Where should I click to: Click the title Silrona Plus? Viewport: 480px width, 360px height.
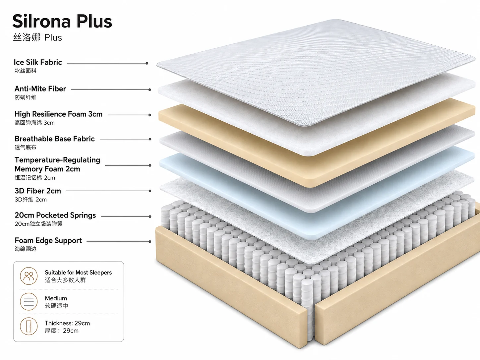coord(62,21)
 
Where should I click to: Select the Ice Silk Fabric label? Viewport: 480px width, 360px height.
coord(38,62)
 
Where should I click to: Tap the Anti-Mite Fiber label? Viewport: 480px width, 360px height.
coord(40,89)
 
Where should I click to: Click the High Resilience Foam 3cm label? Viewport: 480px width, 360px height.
coord(58,114)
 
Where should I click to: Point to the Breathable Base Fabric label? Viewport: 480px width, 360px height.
coord(55,139)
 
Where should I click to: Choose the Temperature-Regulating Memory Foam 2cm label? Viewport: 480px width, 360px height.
coord(57,164)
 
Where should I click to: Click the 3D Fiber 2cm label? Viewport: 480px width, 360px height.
coord(38,191)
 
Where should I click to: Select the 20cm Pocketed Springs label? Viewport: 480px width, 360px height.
coord(55,215)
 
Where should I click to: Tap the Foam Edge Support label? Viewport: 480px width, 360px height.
coord(48,240)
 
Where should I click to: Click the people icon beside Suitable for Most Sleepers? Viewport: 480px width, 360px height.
coord(29,276)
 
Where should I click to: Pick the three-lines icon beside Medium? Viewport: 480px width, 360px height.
coord(29,302)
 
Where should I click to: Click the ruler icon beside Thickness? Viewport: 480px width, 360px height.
coord(29,326)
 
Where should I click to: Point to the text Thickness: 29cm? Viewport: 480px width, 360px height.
coord(67,323)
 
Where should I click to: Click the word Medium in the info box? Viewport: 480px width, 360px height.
coord(56,298)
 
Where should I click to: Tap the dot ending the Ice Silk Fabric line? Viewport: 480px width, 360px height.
coord(147,63)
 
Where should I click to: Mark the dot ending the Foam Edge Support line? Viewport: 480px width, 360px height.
coord(150,242)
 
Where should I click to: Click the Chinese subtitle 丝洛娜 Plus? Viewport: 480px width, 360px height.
coord(37,37)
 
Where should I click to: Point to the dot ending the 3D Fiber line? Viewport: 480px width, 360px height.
coord(150,191)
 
